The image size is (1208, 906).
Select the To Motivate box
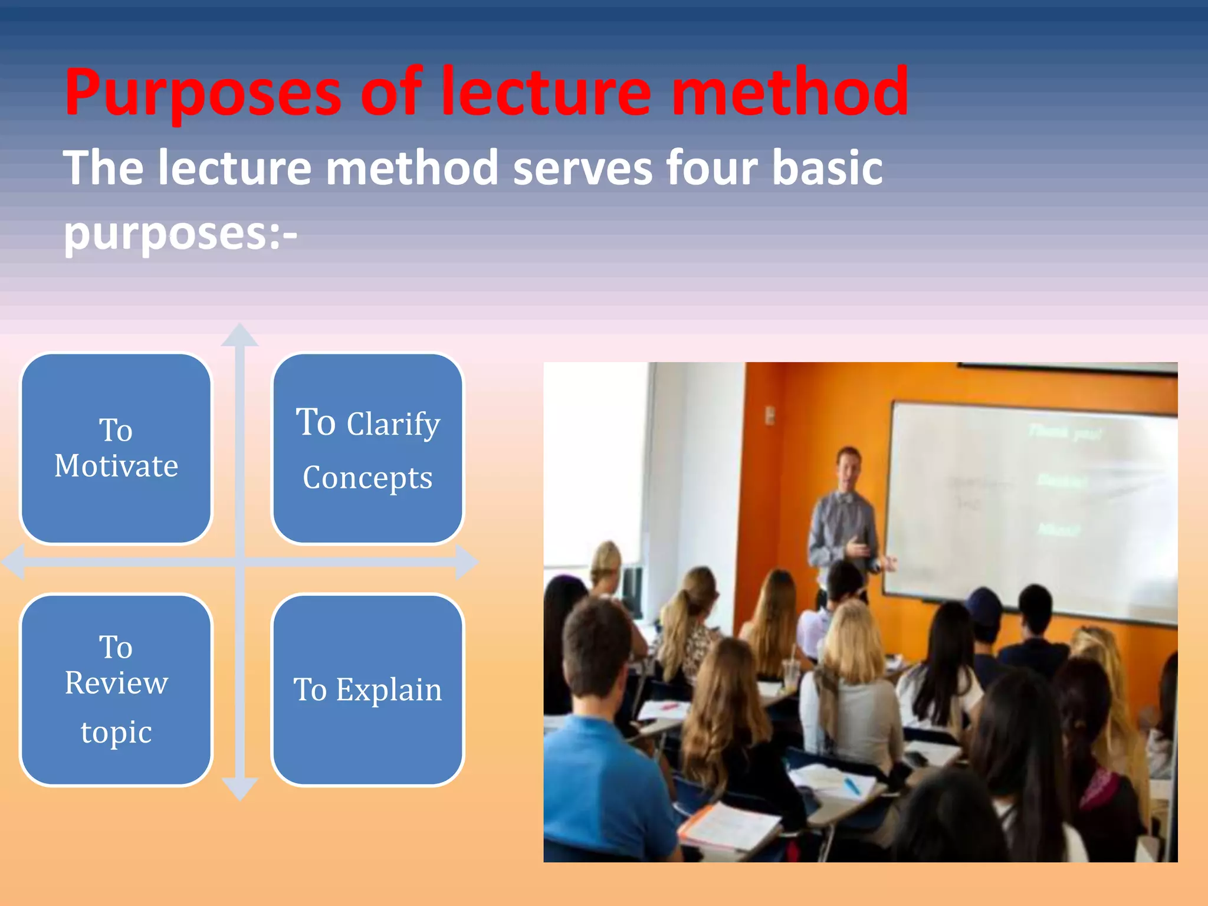pyautogui.click(x=116, y=448)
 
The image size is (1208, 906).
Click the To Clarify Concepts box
pyautogui.click(x=367, y=448)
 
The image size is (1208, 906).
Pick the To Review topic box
pyautogui.click(x=116, y=690)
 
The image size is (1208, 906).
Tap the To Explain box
pyautogui.click(x=367, y=690)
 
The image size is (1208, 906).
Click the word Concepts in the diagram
pyautogui.click(x=367, y=478)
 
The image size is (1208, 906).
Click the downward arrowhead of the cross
pyautogui.click(x=239, y=789)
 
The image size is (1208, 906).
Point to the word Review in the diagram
pyautogui.click(x=116, y=684)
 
